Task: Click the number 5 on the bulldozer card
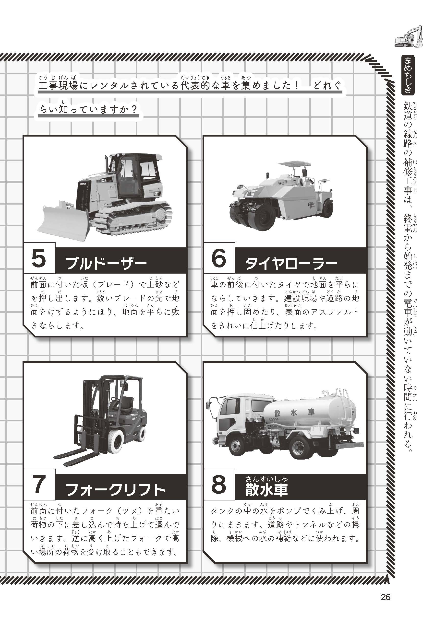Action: tap(39, 258)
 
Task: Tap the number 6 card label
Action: tap(219, 258)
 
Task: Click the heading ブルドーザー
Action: tap(107, 264)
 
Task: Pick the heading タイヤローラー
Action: tap(291, 264)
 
